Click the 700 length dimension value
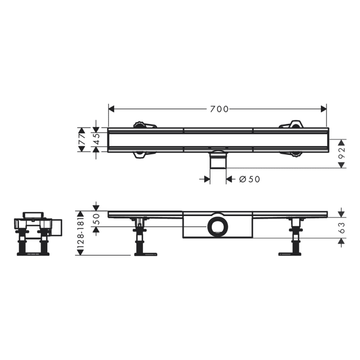point(219,109)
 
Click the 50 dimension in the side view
point(96,220)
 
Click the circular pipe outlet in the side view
point(217,226)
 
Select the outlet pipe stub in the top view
point(218,161)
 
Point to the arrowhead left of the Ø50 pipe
point(207,179)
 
